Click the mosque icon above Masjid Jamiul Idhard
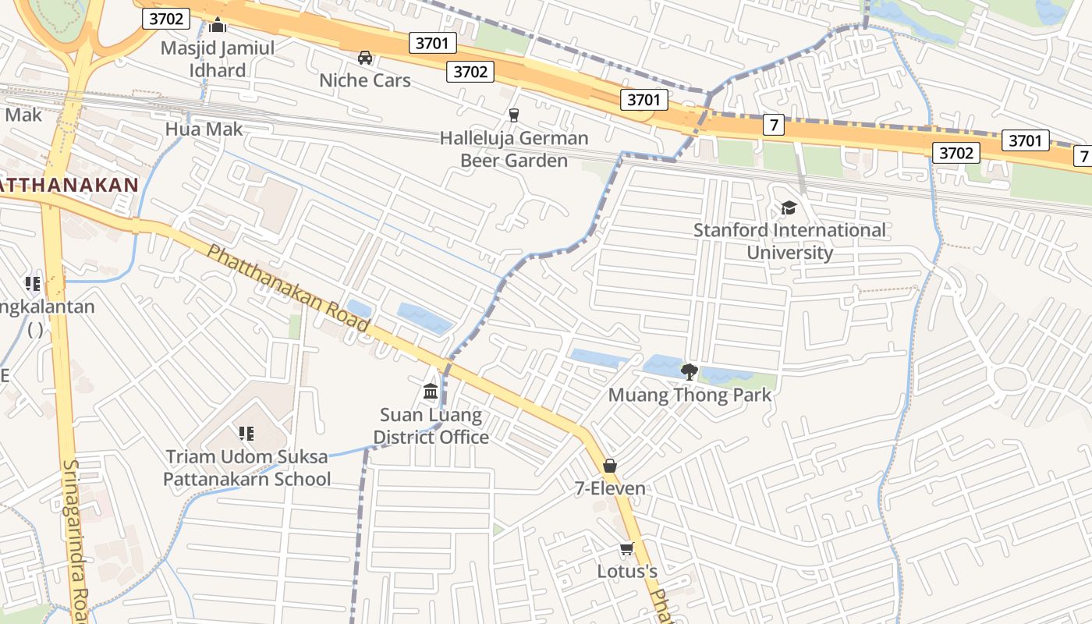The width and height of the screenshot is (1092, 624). click(218, 26)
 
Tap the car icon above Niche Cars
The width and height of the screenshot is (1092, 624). click(364, 57)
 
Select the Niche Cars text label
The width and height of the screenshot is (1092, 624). click(364, 80)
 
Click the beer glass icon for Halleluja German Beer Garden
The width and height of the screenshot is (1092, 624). click(513, 115)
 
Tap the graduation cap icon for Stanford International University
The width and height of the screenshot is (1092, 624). click(789, 207)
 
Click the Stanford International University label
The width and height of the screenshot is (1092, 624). click(789, 241)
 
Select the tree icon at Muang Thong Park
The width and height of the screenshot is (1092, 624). click(689, 371)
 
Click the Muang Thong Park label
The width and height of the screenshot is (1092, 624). click(690, 395)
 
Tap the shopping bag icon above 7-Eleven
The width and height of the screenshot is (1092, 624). click(610, 466)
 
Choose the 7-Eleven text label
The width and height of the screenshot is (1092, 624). click(610, 488)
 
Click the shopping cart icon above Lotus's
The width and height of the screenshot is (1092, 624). click(626, 549)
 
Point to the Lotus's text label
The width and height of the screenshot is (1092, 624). click(627, 572)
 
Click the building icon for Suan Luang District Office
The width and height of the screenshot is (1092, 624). click(431, 391)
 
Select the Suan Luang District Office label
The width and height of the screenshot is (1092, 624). click(431, 426)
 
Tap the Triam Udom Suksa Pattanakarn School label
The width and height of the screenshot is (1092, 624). click(246, 467)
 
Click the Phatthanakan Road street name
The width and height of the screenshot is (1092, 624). click(288, 288)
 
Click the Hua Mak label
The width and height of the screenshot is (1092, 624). click(204, 129)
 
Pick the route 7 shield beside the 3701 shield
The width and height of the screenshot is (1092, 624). click(773, 124)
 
